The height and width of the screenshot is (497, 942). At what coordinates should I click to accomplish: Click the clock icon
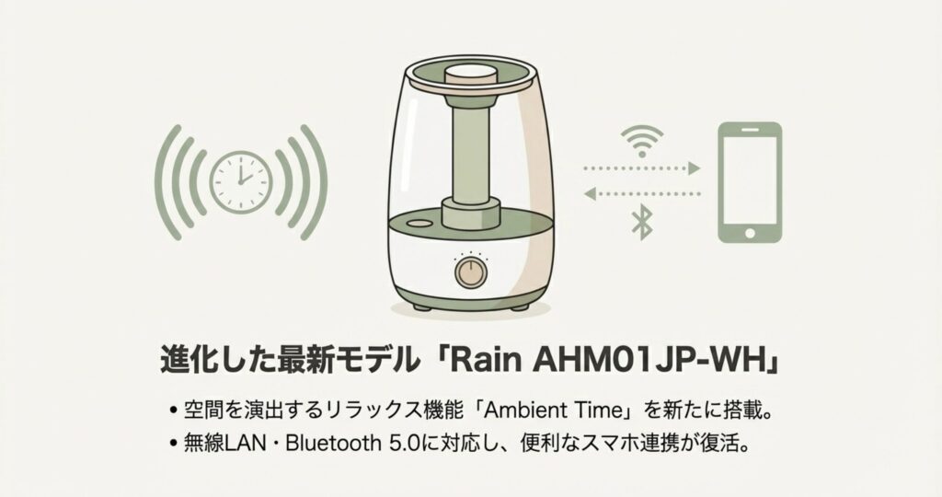coord(241,182)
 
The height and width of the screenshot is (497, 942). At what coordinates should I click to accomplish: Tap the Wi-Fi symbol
coord(642,141)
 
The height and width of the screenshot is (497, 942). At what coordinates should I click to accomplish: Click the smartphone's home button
coord(750,233)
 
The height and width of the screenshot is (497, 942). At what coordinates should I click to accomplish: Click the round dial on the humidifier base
coord(471,272)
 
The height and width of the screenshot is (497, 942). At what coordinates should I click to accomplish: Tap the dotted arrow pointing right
coord(641,168)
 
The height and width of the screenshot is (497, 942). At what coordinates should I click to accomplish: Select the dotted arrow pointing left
coord(641,193)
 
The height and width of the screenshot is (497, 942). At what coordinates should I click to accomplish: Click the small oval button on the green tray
coord(419,223)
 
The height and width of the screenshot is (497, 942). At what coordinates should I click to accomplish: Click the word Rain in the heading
coord(485,360)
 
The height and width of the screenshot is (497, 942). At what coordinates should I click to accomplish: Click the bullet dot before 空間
coord(173,411)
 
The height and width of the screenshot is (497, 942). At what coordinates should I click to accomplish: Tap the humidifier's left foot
coord(422,307)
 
